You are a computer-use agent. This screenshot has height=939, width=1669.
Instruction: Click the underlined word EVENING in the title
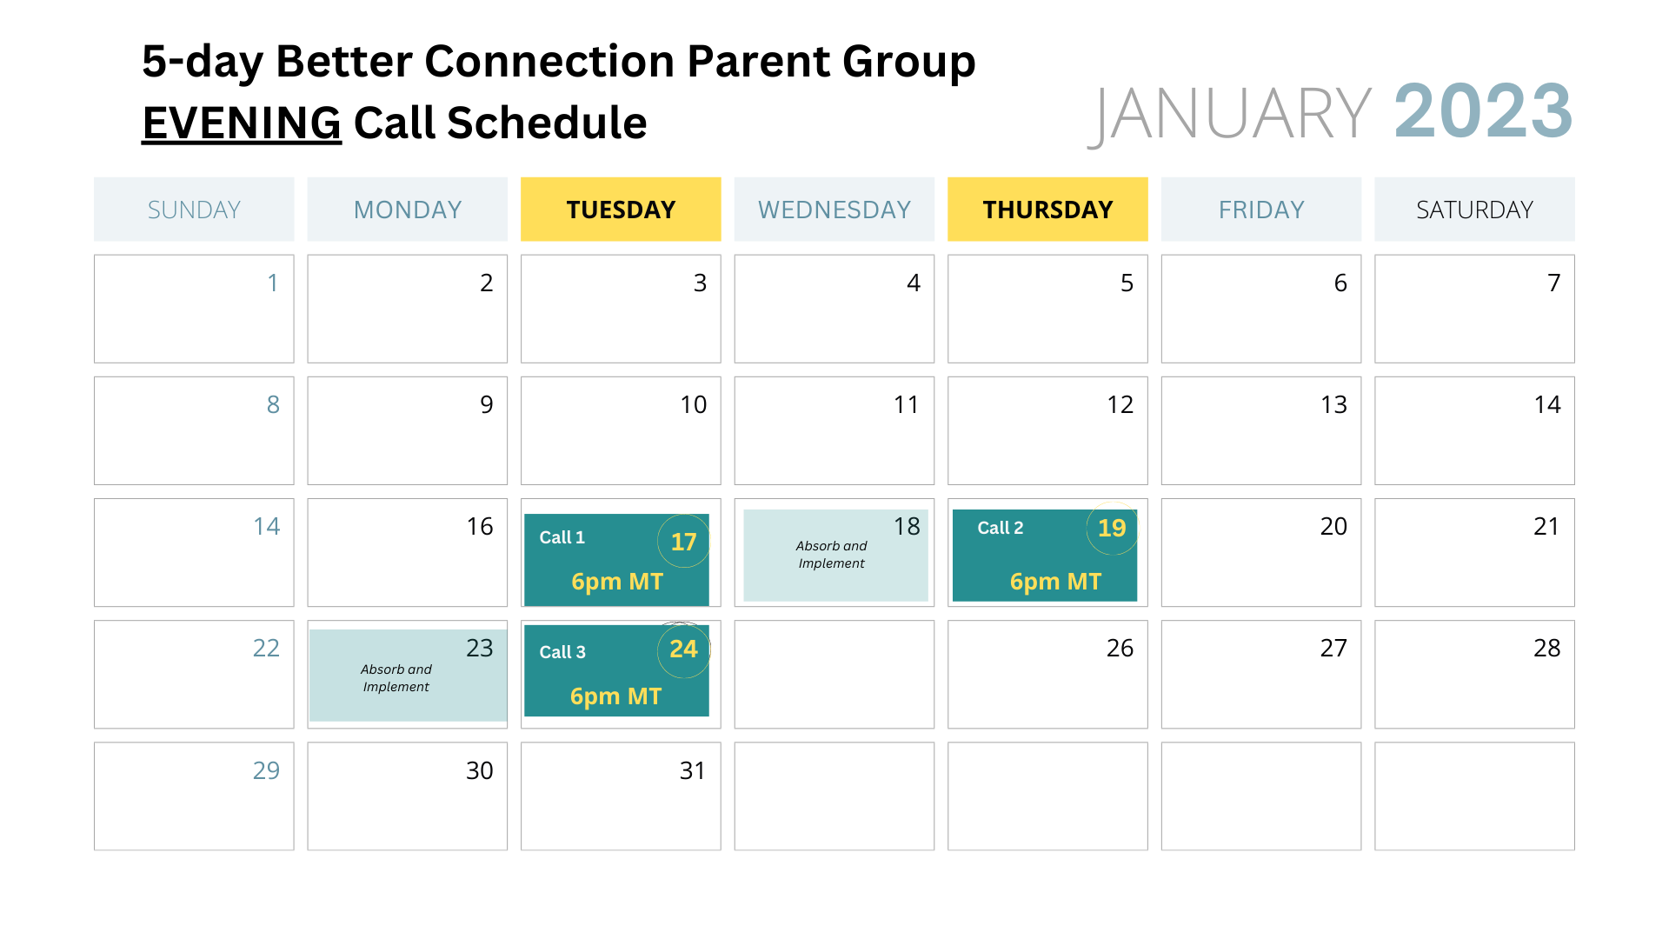242,123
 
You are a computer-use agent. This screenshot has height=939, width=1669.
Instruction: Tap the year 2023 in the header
1484,111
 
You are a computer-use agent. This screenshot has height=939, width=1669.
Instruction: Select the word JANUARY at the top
1230,114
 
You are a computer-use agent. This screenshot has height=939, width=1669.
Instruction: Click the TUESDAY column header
621,210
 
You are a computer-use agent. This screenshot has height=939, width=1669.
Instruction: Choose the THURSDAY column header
1047,210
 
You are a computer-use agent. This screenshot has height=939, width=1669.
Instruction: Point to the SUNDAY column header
194,210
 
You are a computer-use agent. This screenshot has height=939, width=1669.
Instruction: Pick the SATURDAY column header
1474,210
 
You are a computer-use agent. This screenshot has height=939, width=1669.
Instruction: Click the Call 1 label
562,537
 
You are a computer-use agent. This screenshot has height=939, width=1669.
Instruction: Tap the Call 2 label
1001,528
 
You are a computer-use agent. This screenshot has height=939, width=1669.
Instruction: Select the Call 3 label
562,652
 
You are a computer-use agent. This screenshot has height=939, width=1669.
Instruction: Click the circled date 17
683,542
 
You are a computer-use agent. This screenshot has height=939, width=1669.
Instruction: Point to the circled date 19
1112,528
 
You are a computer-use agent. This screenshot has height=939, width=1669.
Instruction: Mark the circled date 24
683,649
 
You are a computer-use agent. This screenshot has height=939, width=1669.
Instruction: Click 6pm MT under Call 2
1055,582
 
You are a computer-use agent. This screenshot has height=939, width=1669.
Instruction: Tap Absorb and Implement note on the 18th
832,555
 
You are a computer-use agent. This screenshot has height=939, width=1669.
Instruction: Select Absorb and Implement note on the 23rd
396,678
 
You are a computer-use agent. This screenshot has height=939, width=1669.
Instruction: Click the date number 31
693,770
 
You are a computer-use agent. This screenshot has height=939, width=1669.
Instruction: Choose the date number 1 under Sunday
273,283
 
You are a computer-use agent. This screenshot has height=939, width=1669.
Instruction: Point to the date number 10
694,404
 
